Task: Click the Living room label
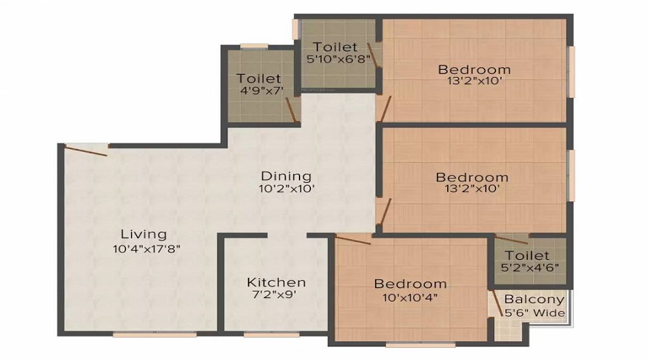pos(144,234)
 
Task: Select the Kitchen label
pos(276,282)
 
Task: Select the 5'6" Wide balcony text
pos(534,313)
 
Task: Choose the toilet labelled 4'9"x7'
pos(259,84)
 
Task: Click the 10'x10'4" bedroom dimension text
pos(410,297)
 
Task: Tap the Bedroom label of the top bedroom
pos(474,69)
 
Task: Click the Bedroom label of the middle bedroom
pos(472,177)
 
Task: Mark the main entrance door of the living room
pos(85,149)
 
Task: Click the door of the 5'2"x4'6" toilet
pos(511,240)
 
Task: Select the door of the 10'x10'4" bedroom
pos(353,240)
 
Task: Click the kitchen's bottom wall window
pos(261,334)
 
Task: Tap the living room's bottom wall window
pos(155,334)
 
